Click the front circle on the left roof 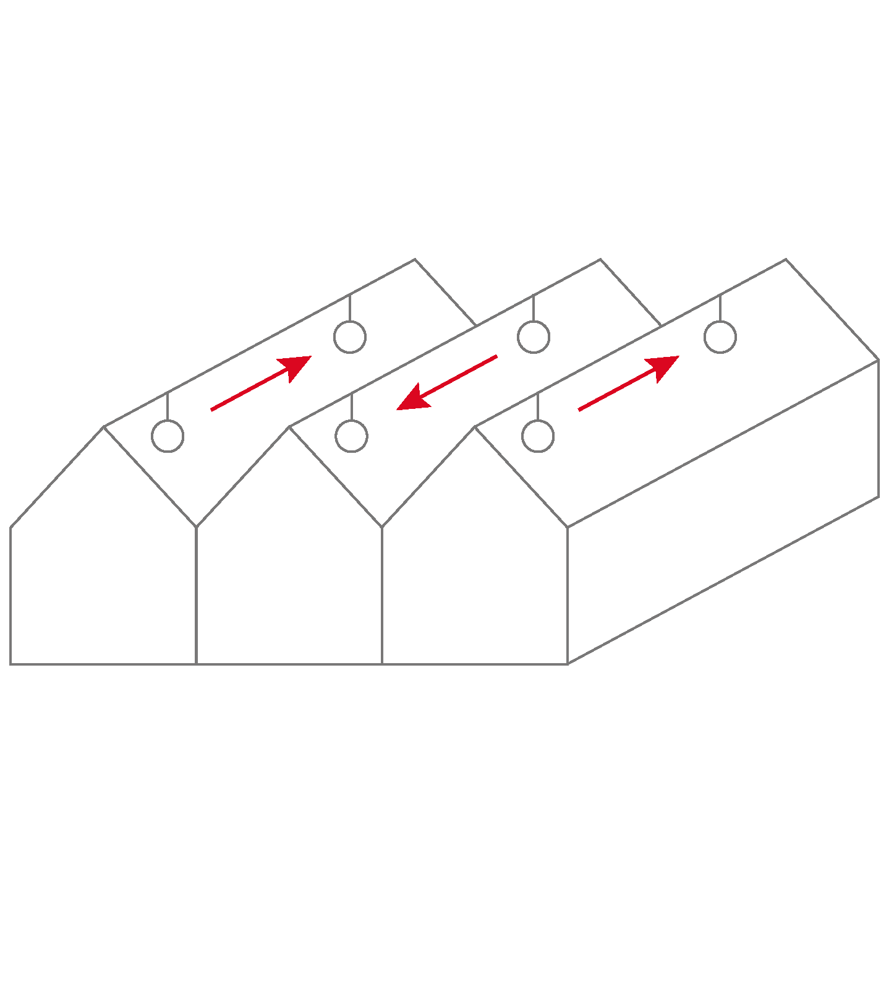168,436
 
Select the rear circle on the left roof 350,337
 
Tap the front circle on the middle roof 352,436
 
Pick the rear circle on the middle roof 534,337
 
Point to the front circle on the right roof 538,436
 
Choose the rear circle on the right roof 720,337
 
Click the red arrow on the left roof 260,384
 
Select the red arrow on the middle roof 447,383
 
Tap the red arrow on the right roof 628,384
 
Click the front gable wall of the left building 103,569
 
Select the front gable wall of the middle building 289,569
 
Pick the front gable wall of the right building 475,569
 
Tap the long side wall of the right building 723,513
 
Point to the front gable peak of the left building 104,427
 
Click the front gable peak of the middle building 289,427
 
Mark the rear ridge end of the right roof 786,259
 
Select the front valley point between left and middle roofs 196,527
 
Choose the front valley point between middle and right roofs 382,527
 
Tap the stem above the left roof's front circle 168,406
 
